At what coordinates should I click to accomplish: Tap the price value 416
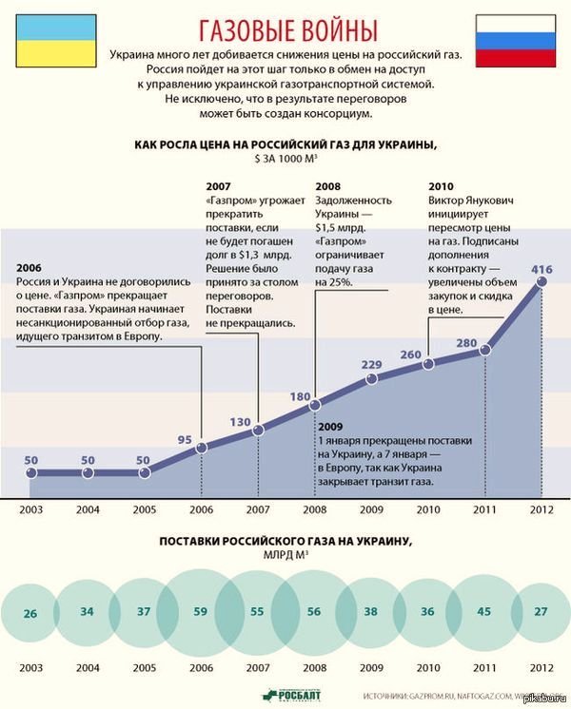[541, 271]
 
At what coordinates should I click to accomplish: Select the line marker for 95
[201, 446]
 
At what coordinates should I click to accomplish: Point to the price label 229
[372, 365]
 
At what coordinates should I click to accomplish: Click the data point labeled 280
[484, 350]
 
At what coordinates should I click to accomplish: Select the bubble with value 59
[200, 613]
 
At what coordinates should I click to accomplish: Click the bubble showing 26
[30, 613]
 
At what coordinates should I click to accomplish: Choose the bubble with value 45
[484, 612]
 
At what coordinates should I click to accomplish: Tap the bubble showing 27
[541, 612]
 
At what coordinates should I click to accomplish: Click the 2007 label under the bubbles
[258, 666]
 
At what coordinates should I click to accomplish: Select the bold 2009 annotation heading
[331, 427]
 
